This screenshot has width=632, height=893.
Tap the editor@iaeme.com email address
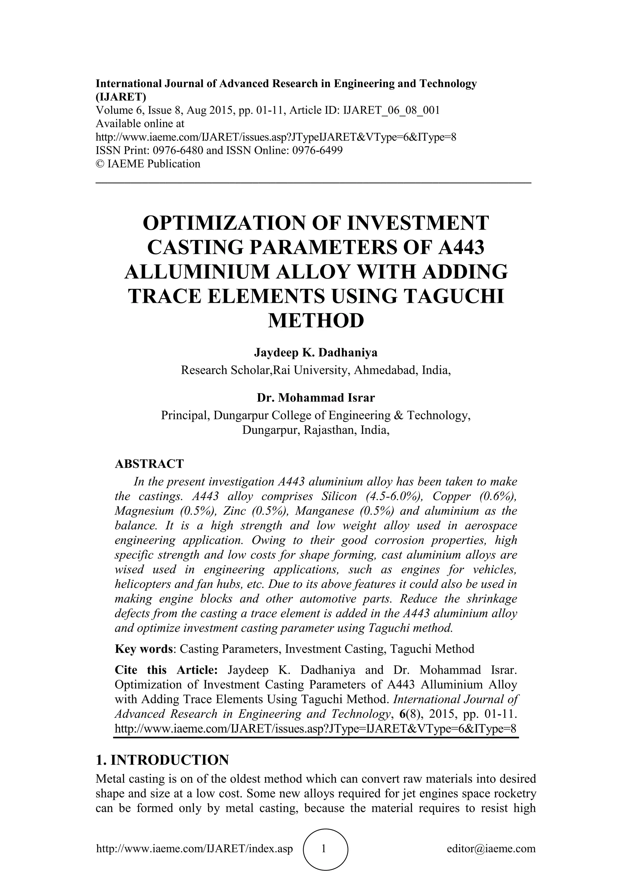tap(491, 849)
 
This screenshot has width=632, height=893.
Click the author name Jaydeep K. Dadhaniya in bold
tap(316, 353)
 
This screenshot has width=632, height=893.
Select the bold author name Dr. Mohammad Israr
tap(316, 398)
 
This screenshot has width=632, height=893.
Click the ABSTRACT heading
tap(149, 463)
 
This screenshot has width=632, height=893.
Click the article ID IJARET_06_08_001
tap(391, 110)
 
